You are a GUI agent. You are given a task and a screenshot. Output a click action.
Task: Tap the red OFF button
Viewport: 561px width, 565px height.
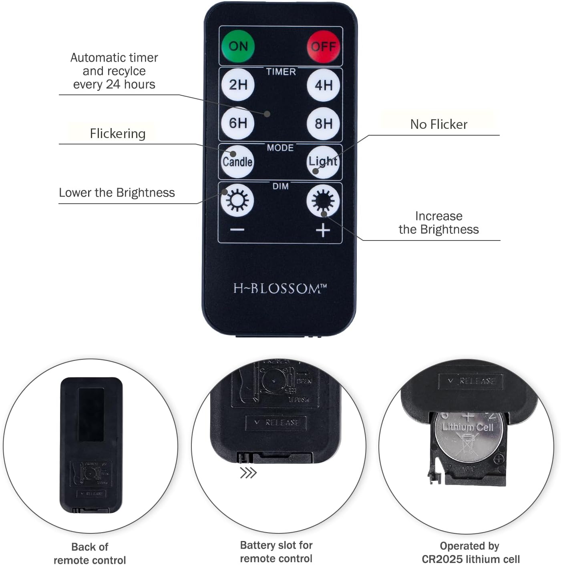click(x=323, y=46)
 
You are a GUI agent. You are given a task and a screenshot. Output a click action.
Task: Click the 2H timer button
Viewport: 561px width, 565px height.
click(x=238, y=85)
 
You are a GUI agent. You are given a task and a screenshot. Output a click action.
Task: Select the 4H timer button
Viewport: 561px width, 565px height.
click(x=323, y=85)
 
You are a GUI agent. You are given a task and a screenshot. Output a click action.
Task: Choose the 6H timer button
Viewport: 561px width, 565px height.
click(x=238, y=123)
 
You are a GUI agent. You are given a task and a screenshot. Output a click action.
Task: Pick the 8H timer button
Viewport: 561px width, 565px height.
click(x=323, y=123)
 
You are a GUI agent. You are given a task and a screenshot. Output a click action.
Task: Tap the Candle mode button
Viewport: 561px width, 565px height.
click(x=237, y=162)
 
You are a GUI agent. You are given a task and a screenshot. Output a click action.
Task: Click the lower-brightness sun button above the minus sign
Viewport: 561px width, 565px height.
click(x=237, y=200)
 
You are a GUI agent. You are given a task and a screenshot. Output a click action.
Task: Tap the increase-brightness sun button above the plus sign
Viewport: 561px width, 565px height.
click(x=323, y=200)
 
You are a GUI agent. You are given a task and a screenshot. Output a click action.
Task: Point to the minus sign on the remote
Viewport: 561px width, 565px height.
click(x=237, y=230)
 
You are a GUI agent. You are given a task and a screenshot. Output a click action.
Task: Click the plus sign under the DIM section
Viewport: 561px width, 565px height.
click(x=323, y=230)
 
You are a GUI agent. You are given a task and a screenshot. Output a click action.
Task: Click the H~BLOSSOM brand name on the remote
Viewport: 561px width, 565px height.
click(x=280, y=289)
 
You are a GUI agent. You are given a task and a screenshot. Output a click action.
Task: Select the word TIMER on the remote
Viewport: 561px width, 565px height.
click(x=281, y=72)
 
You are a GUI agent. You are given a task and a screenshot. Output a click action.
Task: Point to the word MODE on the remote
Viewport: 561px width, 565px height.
click(x=280, y=148)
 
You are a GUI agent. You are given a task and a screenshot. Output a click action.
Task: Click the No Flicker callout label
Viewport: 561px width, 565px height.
click(x=438, y=124)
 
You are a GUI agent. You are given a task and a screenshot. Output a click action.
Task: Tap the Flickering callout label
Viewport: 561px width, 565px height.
click(x=117, y=133)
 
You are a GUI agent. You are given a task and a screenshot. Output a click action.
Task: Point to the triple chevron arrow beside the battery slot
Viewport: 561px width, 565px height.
click(x=248, y=473)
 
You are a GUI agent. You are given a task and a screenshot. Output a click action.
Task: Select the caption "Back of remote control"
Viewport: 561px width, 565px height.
click(x=90, y=553)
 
